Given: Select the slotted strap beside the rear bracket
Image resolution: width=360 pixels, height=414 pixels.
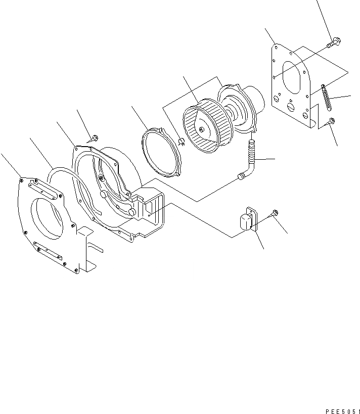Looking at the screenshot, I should [326, 98].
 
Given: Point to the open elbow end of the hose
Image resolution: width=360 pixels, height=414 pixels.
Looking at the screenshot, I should [240, 176].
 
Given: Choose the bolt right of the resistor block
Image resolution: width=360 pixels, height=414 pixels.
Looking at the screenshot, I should [275, 213].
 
